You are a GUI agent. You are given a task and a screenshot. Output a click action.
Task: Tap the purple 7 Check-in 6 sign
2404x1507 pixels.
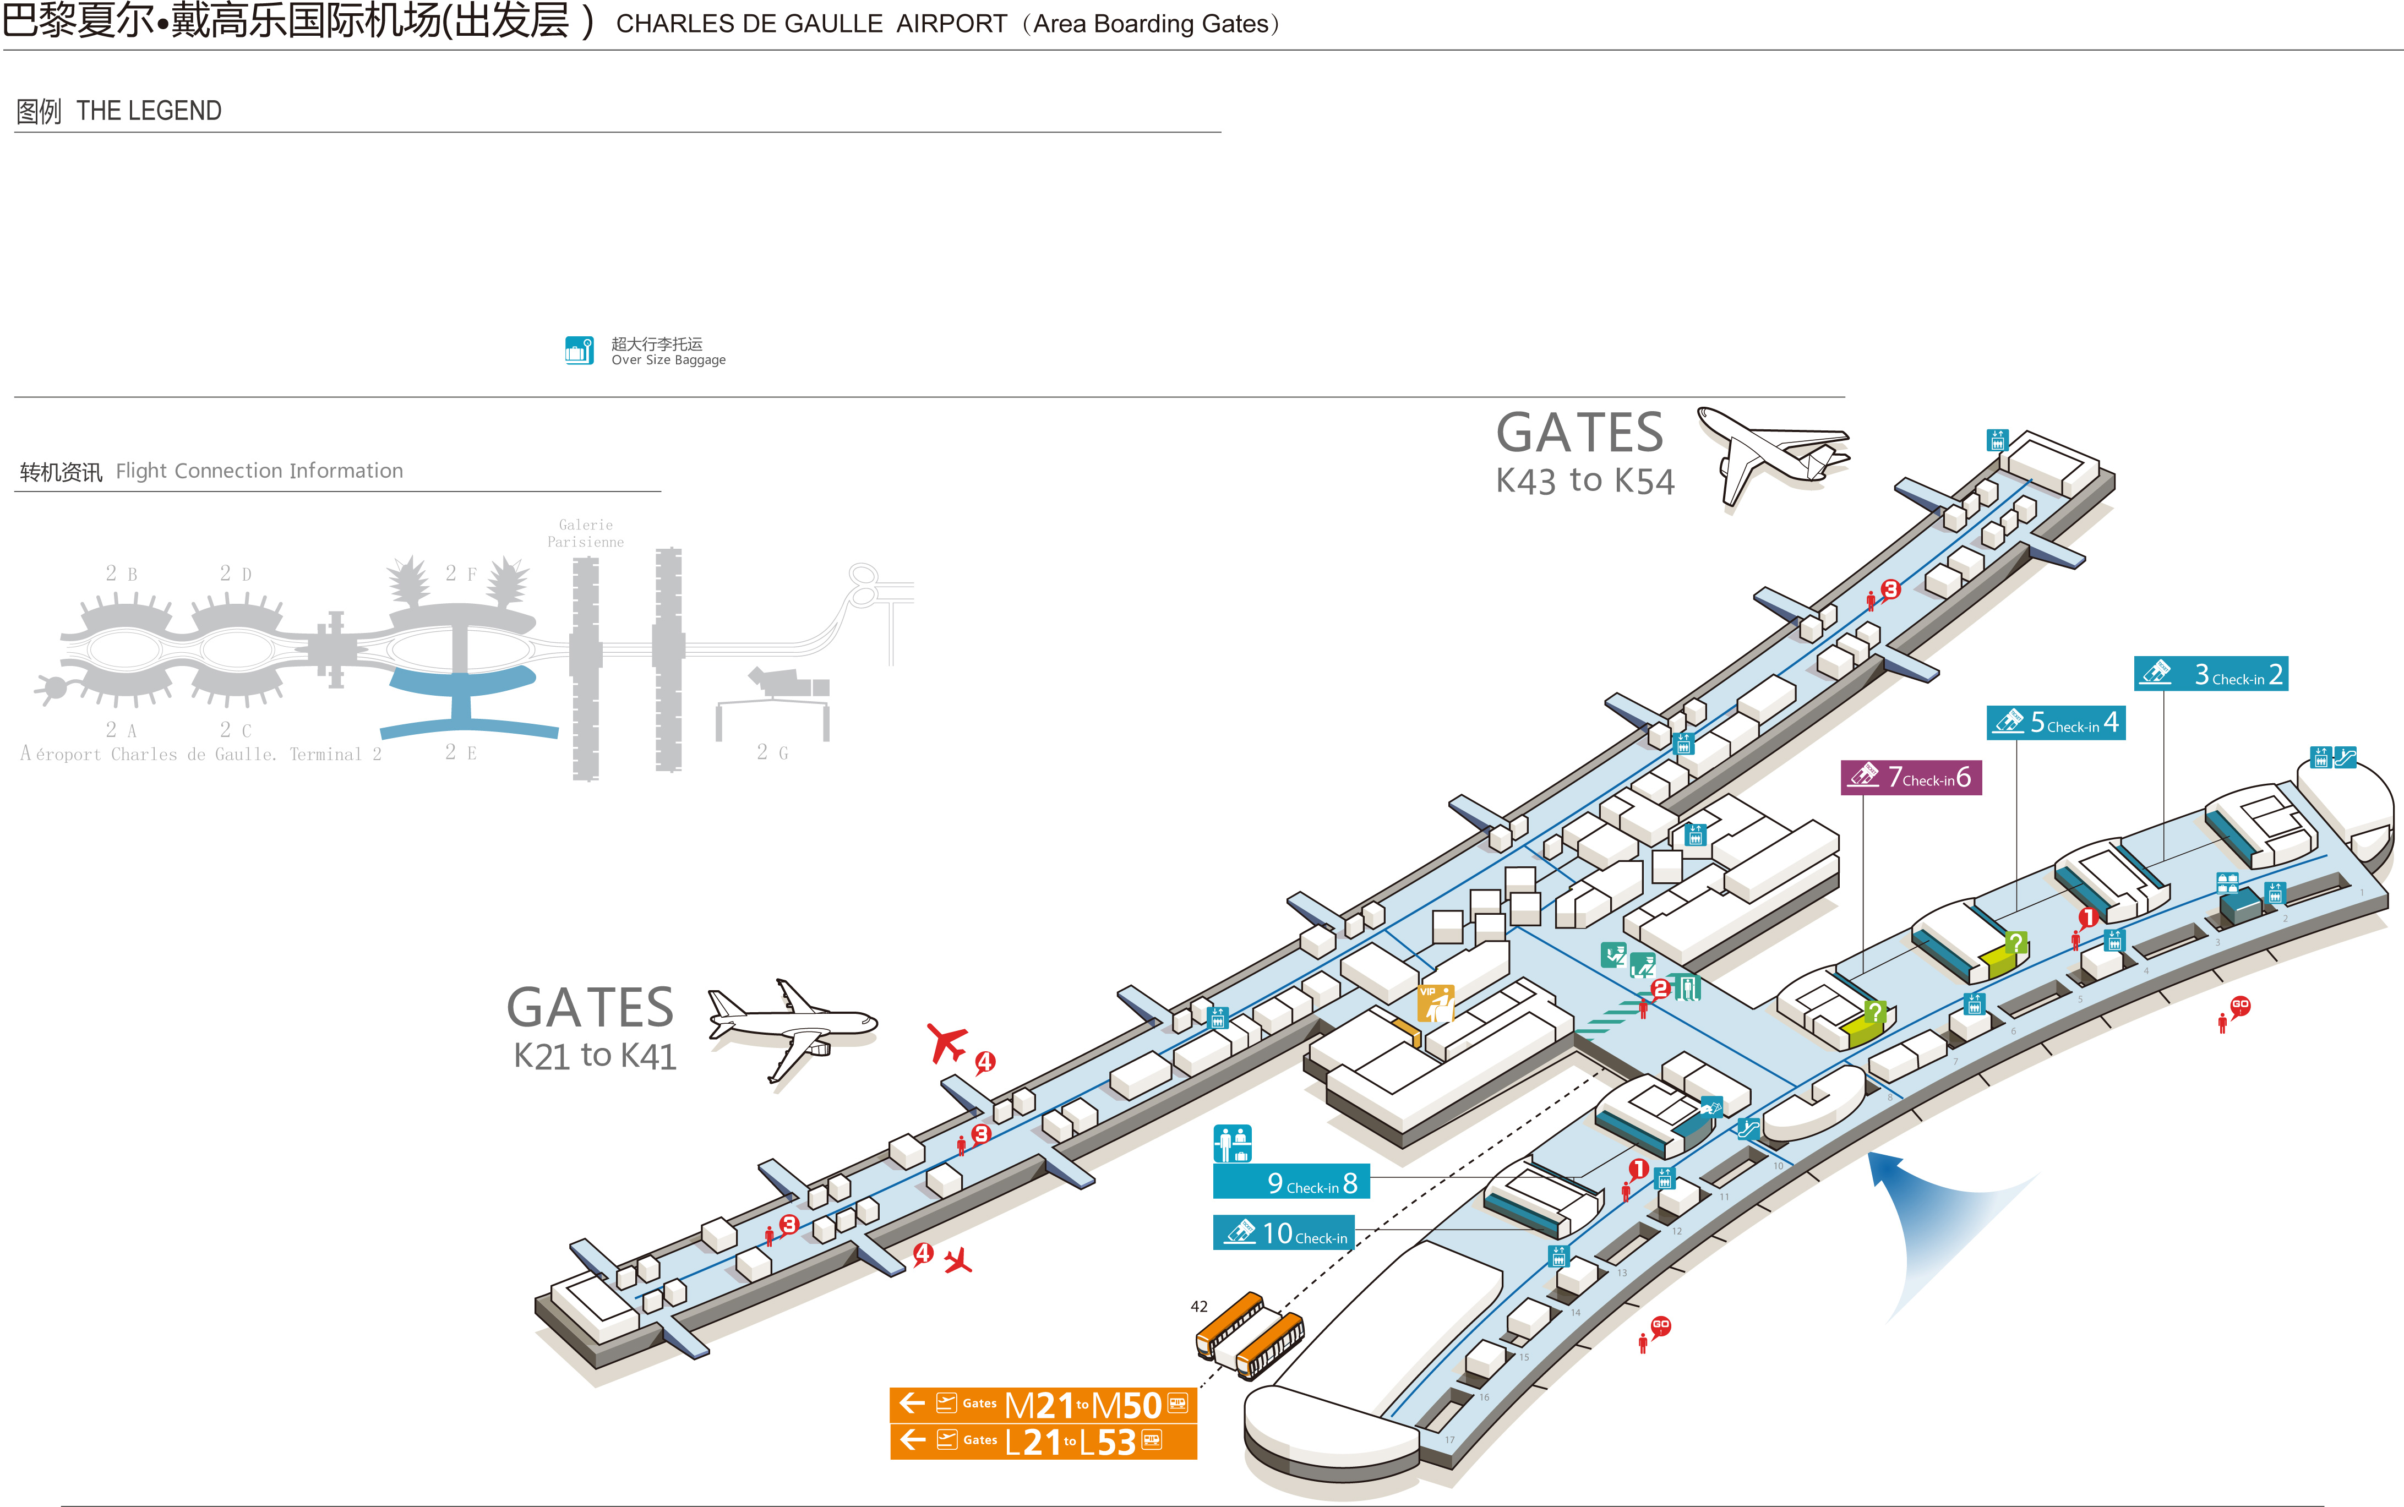coord(1911,777)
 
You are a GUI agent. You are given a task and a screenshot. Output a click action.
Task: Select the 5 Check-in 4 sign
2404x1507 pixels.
coord(2055,723)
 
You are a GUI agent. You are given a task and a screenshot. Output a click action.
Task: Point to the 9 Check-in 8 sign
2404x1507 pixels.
coord(1291,1182)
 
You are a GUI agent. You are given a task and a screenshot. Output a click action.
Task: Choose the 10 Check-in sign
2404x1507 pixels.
coord(1284,1233)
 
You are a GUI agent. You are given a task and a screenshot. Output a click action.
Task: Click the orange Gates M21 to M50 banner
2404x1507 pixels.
coord(1043,1404)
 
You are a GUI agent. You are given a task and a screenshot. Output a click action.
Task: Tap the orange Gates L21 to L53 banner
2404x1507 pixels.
coord(1043,1441)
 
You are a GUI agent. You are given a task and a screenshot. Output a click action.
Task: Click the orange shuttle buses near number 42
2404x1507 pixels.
coord(1250,1336)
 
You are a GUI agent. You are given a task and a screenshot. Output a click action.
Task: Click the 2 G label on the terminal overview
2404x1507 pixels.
coord(772,752)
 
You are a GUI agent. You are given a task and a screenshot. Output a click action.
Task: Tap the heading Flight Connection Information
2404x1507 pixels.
coord(259,471)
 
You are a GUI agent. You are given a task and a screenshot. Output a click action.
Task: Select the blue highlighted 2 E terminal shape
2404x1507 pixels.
coord(464,703)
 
